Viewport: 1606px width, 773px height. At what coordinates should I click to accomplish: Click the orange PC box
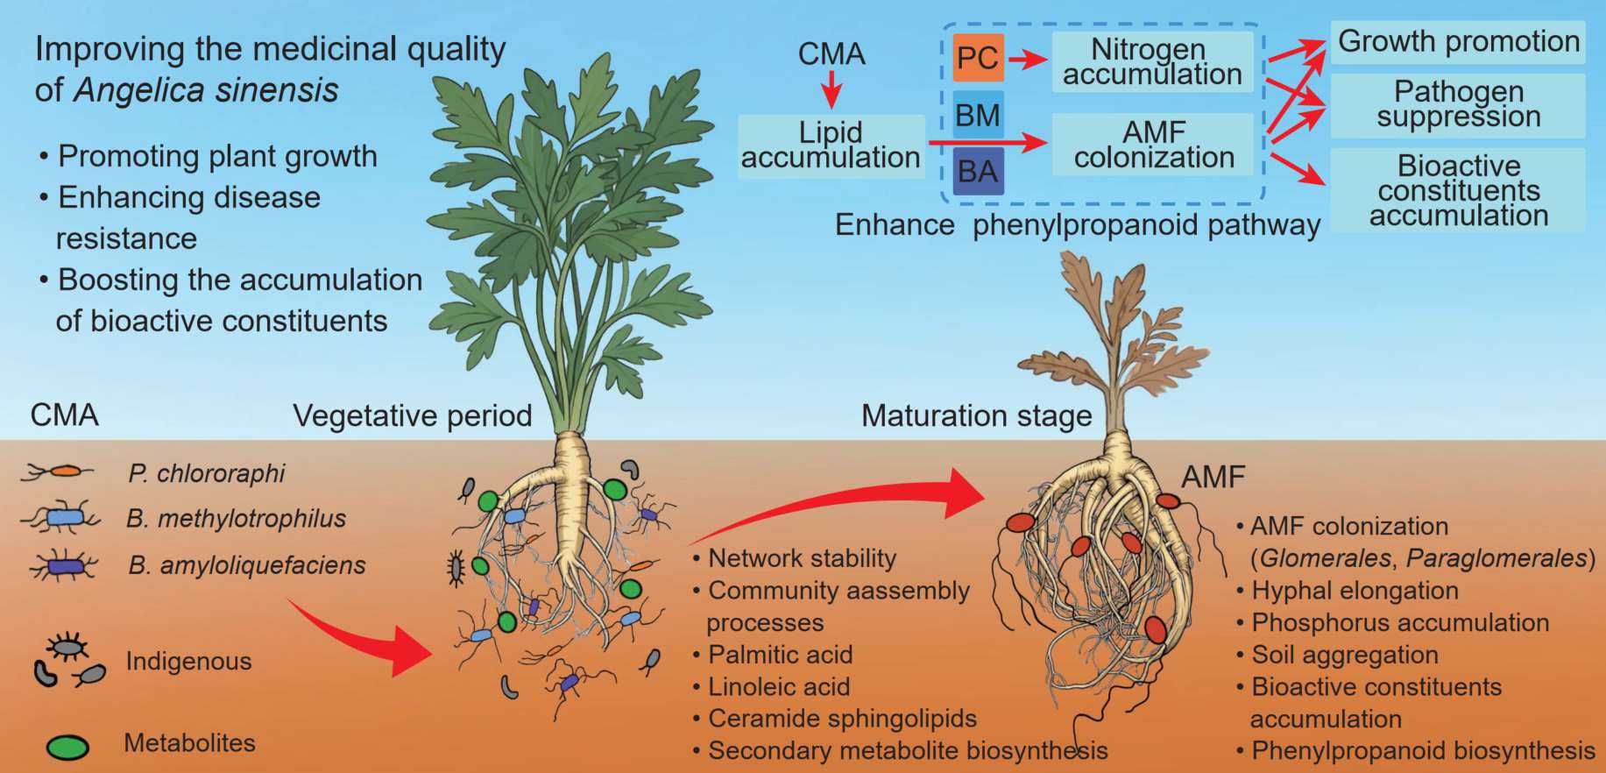[x=978, y=58]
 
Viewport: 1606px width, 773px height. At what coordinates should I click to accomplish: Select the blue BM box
[x=978, y=115]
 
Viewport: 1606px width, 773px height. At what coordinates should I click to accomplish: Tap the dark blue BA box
[x=978, y=171]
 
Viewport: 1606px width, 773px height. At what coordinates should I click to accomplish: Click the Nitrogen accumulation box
[x=1152, y=61]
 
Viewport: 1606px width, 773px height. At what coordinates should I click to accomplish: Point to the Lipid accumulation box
[x=831, y=145]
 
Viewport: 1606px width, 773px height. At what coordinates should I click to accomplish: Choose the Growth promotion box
[x=1458, y=42]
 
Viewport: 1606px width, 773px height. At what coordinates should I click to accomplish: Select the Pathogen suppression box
[x=1458, y=104]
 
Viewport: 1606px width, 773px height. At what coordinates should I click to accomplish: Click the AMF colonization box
[x=1154, y=145]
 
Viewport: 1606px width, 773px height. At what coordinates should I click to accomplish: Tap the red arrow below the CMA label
[x=831, y=90]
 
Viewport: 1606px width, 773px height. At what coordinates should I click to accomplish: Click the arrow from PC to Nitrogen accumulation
[x=1028, y=60]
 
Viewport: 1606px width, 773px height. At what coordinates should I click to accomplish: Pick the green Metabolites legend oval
[x=67, y=747]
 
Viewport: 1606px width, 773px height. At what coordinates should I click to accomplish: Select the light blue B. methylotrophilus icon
[x=63, y=518]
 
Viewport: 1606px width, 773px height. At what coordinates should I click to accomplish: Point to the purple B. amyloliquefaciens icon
[x=63, y=566]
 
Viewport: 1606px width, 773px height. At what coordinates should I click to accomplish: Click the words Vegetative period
[x=412, y=415]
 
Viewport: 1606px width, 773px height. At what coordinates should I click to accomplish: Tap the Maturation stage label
[x=976, y=415]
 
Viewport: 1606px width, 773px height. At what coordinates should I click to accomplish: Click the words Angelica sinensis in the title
[x=206, y=90]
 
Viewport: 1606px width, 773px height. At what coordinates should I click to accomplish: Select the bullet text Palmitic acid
[x=780, y=655]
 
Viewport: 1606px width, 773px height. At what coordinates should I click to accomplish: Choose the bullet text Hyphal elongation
[x=1355, y=591]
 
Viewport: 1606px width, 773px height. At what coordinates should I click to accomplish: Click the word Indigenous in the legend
[x=188, y=661]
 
